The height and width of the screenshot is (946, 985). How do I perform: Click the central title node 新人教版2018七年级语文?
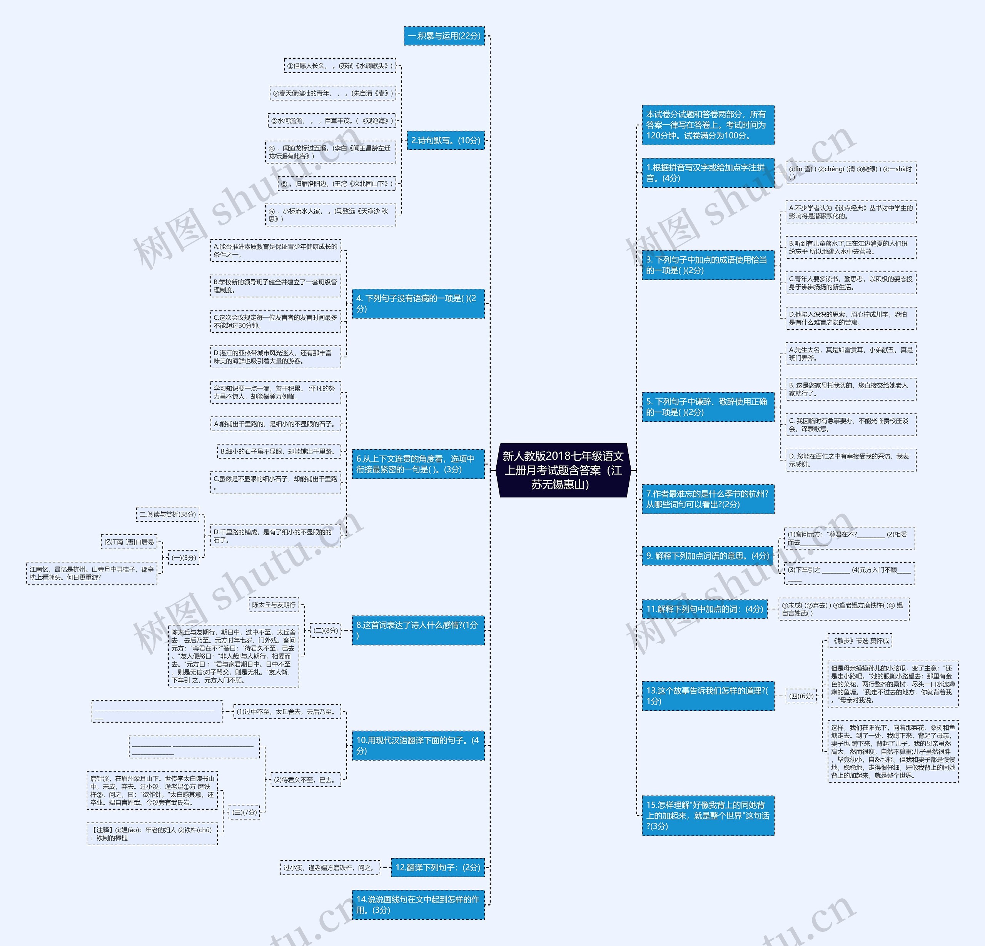563,470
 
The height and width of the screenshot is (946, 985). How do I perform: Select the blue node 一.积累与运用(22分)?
444,36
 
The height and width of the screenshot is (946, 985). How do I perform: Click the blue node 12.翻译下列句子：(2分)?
438,867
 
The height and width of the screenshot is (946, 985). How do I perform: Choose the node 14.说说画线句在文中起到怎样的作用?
418,904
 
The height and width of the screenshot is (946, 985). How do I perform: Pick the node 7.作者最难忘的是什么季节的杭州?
708,499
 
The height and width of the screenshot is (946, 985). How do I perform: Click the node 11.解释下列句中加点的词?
705,609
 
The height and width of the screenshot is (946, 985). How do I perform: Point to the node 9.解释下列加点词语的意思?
708,556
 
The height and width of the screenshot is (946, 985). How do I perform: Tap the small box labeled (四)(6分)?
801,696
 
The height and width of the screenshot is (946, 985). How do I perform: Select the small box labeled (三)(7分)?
244,812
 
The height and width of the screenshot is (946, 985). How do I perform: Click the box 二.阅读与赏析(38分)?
168,514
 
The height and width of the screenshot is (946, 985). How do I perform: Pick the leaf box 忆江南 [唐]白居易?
129,542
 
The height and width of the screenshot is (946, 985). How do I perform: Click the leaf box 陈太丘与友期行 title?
274,604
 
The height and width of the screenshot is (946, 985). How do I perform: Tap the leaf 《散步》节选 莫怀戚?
860,641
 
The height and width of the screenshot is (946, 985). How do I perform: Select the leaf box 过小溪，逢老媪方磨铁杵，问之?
330,867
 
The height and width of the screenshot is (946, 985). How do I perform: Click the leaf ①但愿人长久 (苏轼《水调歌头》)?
340,66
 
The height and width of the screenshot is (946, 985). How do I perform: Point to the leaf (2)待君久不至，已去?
306,780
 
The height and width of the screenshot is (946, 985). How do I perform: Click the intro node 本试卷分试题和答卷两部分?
708,125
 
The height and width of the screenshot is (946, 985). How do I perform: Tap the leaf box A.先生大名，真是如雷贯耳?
850,354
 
